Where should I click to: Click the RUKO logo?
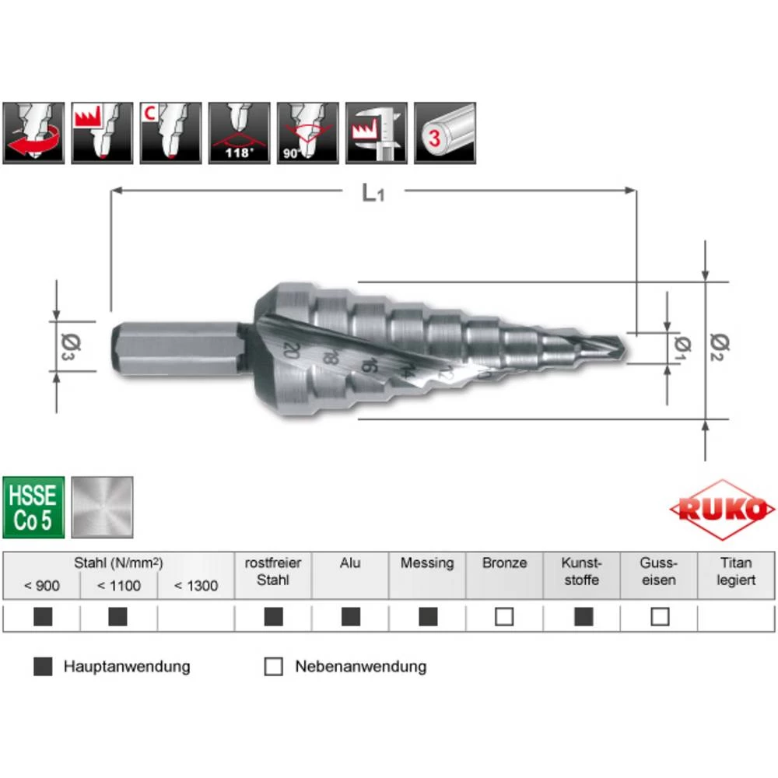coord(722,510)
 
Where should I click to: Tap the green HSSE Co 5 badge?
coord(33,506)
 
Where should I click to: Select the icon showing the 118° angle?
coord(239,133)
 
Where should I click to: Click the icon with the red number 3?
coord(444,133)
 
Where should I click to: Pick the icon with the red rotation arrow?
coord(33,133)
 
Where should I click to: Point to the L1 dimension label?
coord(373,192)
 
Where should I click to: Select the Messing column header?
coord(426,563)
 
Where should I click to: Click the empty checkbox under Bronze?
coord(504,617)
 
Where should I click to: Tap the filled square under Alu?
coord(350,617)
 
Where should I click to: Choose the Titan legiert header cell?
coord(736,572)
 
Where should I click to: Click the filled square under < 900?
coord(43,617)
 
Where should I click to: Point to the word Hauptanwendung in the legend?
coord(127,667)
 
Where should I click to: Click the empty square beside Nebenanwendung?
coord(273,667)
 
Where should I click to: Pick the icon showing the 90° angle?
coord(307,133)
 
